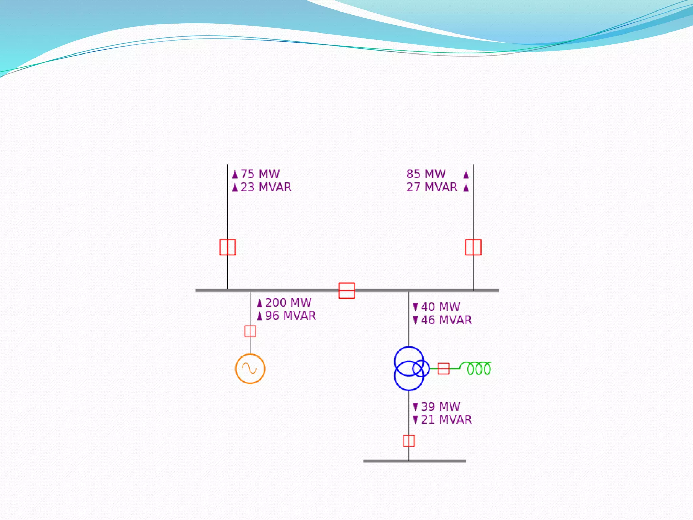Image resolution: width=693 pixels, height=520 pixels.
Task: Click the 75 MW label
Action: pos(260,174)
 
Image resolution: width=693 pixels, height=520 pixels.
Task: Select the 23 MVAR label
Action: pos(266,187)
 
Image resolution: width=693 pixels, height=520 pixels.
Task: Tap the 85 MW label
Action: pos(426,174)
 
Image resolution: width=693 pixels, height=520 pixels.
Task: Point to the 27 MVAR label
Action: pos(432,187)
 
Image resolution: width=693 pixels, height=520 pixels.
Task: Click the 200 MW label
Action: pos(288,303)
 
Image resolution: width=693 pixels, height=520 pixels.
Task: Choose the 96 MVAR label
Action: pos(290,316)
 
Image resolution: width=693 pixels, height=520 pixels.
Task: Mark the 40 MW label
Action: pos(440,307)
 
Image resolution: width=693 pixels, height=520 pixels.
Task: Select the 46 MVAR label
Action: pos(446,320)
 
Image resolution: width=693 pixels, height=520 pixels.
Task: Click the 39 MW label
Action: pos(440,407)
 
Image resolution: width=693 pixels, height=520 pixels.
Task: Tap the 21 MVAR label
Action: pos(446,420)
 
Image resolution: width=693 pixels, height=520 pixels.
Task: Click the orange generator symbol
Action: pos(250,369)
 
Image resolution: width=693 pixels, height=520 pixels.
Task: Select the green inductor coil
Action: pos(478,368)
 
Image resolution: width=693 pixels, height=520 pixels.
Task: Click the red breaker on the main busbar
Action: pos(347,290)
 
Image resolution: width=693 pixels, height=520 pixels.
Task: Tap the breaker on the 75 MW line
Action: pos(228,247)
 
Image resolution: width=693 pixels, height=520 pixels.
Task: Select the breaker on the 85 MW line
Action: pos(473,247)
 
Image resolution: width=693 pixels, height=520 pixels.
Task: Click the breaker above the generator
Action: pos(250,331)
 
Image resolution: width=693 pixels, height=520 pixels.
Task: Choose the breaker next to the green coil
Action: pos(443,368)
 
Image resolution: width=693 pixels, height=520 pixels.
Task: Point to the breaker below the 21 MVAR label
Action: pos(409,441)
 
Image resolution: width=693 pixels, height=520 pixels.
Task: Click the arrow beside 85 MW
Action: pos(466,174)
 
